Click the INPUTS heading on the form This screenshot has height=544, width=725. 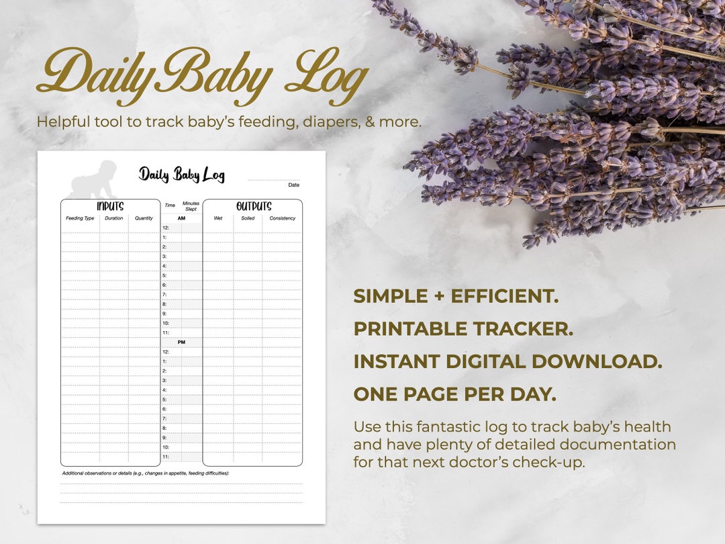(x=110, y=206)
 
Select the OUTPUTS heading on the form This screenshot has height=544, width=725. (x=253, y=206)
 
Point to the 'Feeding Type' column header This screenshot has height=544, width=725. (x=80, y=218)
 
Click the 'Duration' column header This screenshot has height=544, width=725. (x=114, y=218)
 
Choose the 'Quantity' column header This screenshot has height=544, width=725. (x=144, y=218)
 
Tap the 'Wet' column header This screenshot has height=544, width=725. (x=218, y=218)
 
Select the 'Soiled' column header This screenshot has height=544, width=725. (x=248, y=218)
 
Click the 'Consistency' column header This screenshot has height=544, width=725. (x=283, y=218)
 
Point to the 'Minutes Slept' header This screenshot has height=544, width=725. (x=191, y=206)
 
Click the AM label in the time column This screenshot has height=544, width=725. (x=181, y=218)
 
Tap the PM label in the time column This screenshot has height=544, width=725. (x=181, y=342)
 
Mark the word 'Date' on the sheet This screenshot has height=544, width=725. (x=293, y=185)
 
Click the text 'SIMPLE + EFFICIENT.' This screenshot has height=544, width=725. (x=456, y=296)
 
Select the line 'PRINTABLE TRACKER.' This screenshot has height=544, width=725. (x=463, y=329)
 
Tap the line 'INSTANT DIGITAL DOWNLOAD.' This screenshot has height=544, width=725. (x=507, y=361)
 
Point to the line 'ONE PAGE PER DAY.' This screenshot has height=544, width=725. (x=454, y=394)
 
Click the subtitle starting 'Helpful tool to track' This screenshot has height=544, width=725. (x=229, y=122)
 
